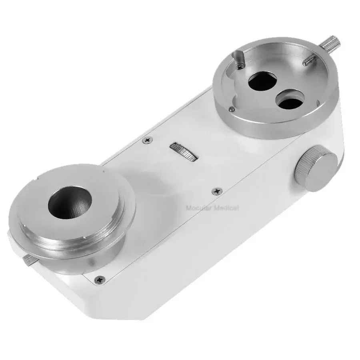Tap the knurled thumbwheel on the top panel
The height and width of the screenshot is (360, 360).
[184, 152]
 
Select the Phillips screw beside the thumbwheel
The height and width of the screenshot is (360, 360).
[148, 140]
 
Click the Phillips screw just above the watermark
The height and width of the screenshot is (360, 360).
[217, 191]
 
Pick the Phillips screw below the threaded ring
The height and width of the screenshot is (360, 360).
[100, 280]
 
